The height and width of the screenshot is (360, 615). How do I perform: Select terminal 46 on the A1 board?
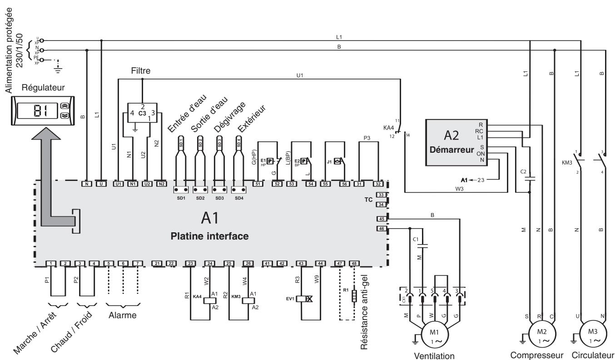(382, 229)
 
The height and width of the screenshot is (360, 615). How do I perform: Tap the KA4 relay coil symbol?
(209, 300)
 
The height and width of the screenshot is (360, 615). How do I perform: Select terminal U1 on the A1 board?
(118, 184)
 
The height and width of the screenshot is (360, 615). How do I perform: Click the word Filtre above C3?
(141, 71)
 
